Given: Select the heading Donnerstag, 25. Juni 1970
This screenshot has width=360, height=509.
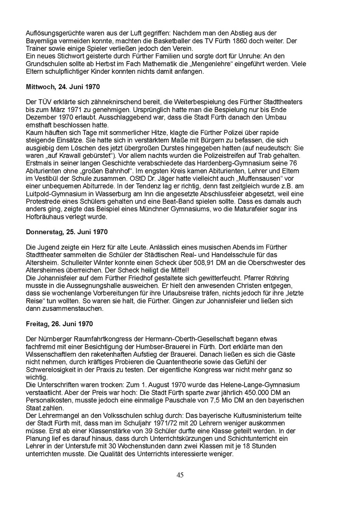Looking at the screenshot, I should (67, 232).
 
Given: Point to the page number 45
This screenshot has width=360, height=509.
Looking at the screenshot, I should (180, 475).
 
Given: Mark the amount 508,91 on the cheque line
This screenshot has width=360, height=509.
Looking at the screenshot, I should (227, 263).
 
